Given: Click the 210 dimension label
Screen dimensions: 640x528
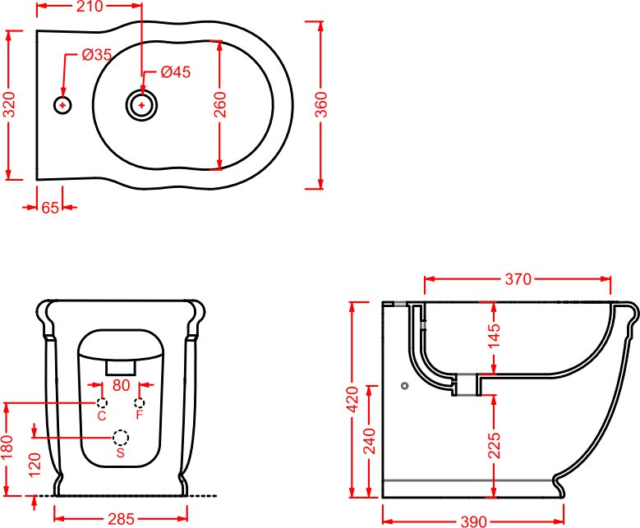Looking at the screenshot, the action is pyautogui.click(x=90, y=7).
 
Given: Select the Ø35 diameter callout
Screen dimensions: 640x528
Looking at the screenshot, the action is pyautogui.click(x=97, y=54).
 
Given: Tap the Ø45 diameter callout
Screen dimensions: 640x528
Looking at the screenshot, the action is pyautogui.click(x=176, y=71).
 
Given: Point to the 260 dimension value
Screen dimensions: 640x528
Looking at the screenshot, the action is pyautogui.click(x=220, y=104).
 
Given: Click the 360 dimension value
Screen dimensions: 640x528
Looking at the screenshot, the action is pyautogui.click(x=321, y=104).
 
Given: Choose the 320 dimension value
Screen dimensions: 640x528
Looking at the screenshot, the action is pyautogui.click(x=9, y=104).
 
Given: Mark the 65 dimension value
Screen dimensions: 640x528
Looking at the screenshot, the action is pyautogui.click(x=50, y=207).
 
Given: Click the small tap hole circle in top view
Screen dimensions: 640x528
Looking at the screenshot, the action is pyautogui.click(x=62, y=105).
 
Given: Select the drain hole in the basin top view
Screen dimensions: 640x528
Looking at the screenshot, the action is pyautogui.click(x=141, y=105).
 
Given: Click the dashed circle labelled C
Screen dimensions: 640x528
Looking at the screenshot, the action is pyautogui.click(x=102, y=402).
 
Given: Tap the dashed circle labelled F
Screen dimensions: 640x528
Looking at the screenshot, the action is pyautogui.click(x=140, y=402).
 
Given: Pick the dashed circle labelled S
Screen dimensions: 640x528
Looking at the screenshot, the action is pyautogui.click(x=121, y=438).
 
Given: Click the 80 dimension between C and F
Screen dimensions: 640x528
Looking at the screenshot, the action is pyautogui.click(x=121, y=385).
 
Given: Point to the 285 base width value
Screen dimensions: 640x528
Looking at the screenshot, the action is pyautogui.click(x=121, y=519).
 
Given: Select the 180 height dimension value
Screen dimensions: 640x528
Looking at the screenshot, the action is pyautogui.click(x=7, y=447).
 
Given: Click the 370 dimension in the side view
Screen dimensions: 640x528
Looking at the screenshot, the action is pyautogui.click(x=518, y=279).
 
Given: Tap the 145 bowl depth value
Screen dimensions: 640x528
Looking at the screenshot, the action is pyautogui.click(x=494, y=335).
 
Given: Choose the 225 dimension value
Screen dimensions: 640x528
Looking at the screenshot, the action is pyautogui.click(x=494, y=445).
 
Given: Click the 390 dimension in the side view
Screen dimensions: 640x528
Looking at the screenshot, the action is pyautogui.click(x=473, y=521).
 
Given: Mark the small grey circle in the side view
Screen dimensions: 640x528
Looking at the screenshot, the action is pyautogui.click(x=404, y=386).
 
